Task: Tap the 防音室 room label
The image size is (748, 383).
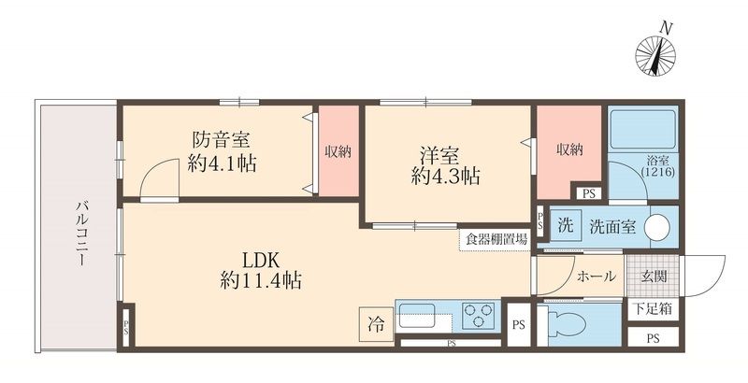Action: pos(222,141)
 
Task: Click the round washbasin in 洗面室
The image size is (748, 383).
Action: pos(659,227)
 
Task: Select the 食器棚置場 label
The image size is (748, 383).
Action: pos(495,239)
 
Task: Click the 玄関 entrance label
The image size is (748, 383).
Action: pos(654,276)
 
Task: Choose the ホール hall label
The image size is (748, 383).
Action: pos(596,277)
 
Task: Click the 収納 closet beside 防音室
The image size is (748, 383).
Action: pos(338,151)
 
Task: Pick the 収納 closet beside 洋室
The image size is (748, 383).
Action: pos(568,149)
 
